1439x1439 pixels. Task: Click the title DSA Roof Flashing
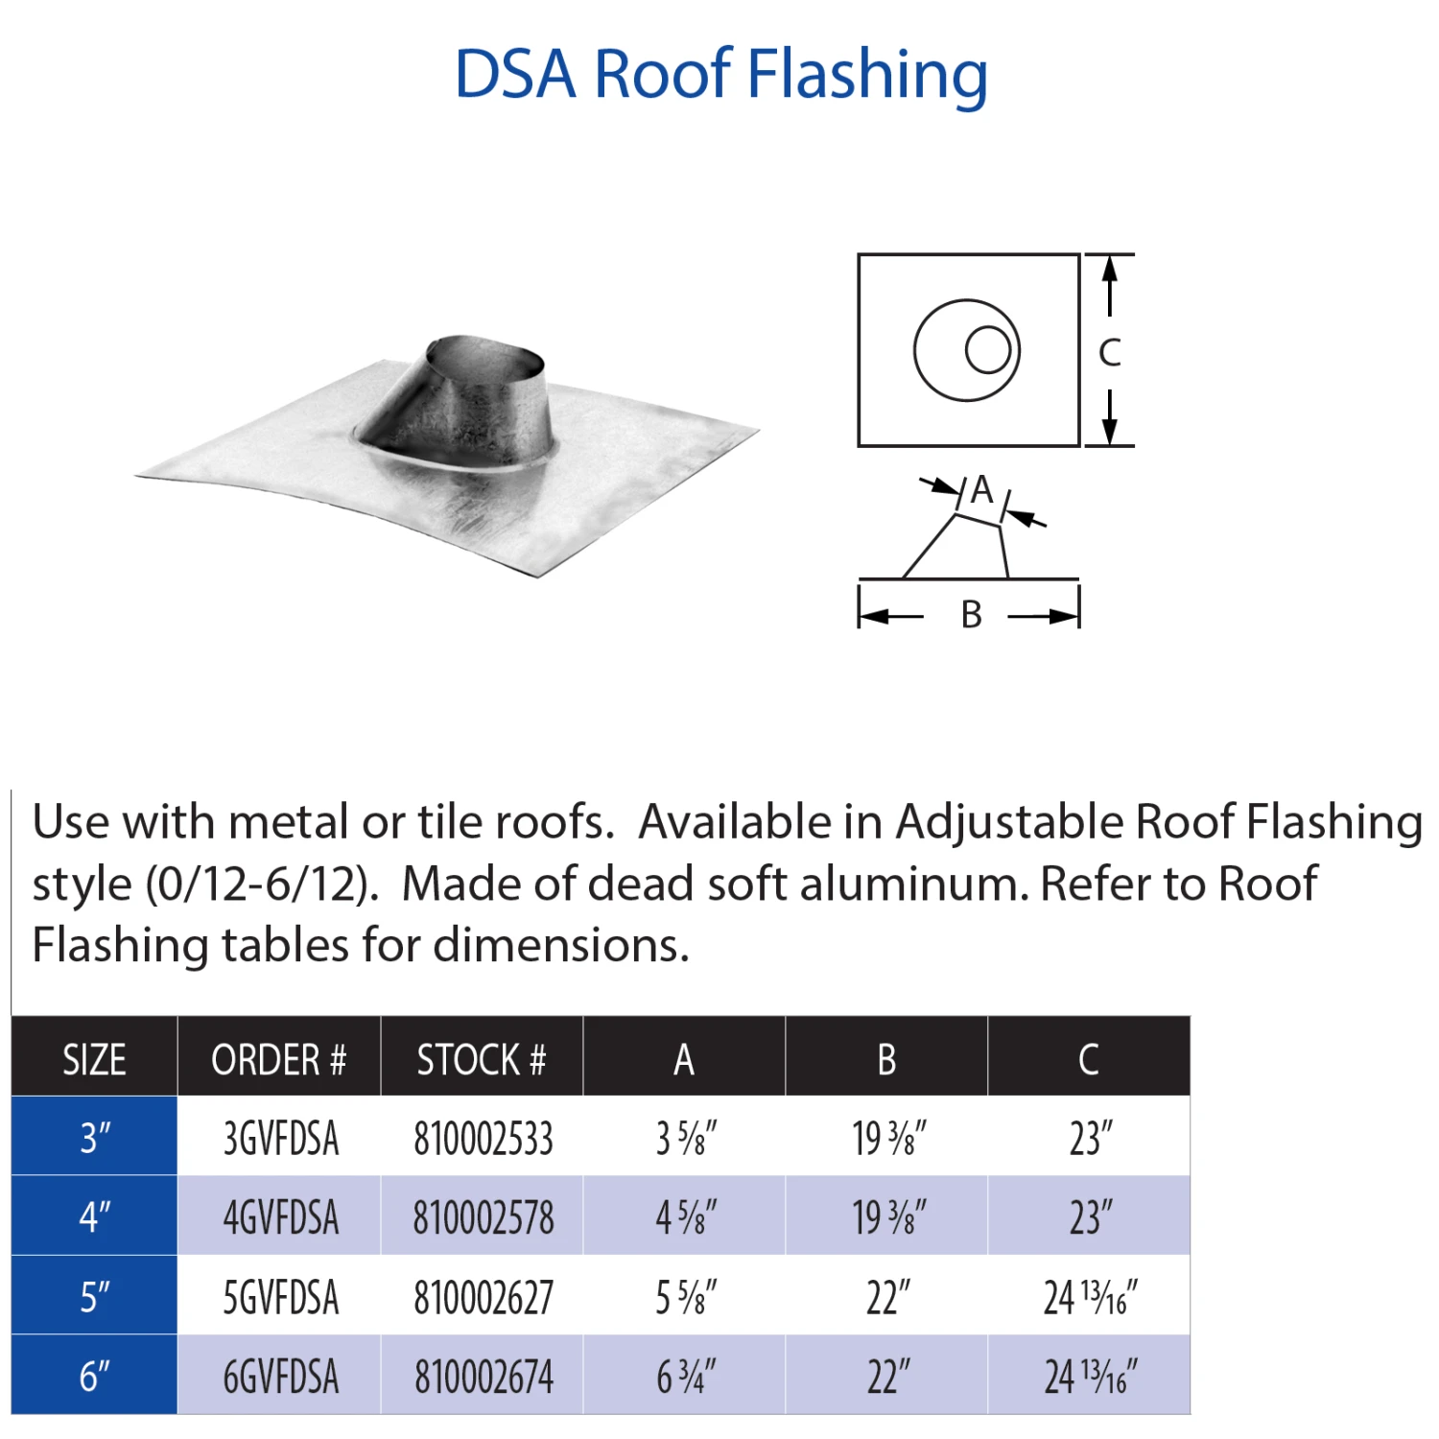click(x=720, y=74)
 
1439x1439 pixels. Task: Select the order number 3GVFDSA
click(x=281, y=1139)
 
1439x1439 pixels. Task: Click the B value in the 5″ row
click(x=887, y=1298)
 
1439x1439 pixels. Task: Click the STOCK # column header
click(x=482, y=1060)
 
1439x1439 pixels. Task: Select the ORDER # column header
click(x=278, y=1060)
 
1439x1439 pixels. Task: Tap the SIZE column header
click(x=94, y=1060)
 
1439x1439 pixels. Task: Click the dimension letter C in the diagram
click(x=1110, y=353)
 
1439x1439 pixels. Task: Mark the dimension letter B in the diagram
click(x=972, y=615)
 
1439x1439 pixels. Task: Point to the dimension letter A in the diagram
click(x=981, y=490)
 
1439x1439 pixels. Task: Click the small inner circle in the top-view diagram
click(x=988, y=350)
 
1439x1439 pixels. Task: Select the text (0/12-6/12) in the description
click(x=258, y=884)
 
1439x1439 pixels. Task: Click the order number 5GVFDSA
click(x=281, y=1298)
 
